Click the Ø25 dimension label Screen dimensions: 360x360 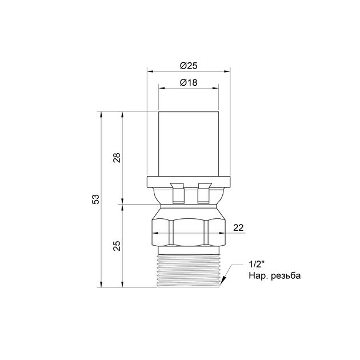[189, 66]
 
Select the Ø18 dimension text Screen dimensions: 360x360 [189, 82]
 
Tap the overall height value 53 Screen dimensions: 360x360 [96, 199]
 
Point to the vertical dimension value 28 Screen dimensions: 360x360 [117, 158]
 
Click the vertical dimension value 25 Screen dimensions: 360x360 [117, 246]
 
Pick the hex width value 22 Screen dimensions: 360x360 [238, 228]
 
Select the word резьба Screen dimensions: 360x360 [286, 275]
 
